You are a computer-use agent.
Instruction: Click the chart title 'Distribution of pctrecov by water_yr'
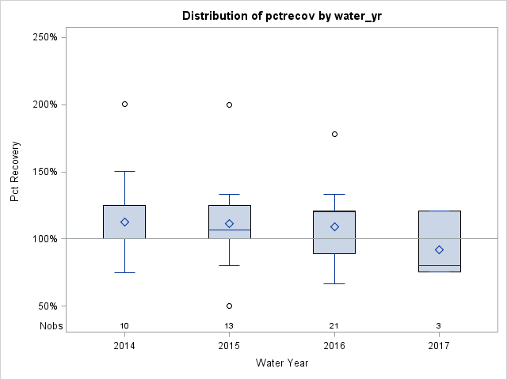(281, 16)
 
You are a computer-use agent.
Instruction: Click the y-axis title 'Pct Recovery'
(16, 172)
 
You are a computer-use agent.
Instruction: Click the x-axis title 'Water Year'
(281, 363)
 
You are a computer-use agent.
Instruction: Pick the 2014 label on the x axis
(124, 346)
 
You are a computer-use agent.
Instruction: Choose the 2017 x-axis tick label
(439, 346)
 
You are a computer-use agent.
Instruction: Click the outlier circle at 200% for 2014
(124, 104)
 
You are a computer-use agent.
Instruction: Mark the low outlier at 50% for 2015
(230, 306)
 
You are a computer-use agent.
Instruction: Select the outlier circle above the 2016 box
(334, 134)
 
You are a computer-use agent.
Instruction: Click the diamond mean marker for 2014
(124, 222)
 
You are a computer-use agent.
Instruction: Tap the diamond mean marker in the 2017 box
(439, 249)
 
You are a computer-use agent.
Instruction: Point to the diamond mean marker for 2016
(334, 226)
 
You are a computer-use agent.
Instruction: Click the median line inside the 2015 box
(230, 230)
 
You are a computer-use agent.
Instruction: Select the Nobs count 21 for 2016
(334, 326)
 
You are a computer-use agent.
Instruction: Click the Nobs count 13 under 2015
(230, 326)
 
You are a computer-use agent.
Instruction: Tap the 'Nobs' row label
(51, 326)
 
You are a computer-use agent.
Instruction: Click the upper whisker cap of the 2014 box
(124, 171)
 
